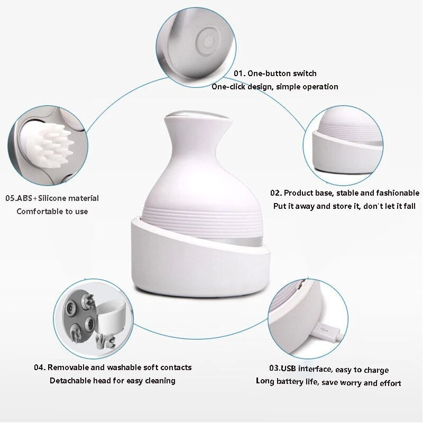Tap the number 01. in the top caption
(240, 73)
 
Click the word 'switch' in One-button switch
(305, 73)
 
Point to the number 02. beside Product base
(276, 193)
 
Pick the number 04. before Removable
(40, 367)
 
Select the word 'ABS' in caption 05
(24, 198)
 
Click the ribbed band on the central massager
(202, 221)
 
